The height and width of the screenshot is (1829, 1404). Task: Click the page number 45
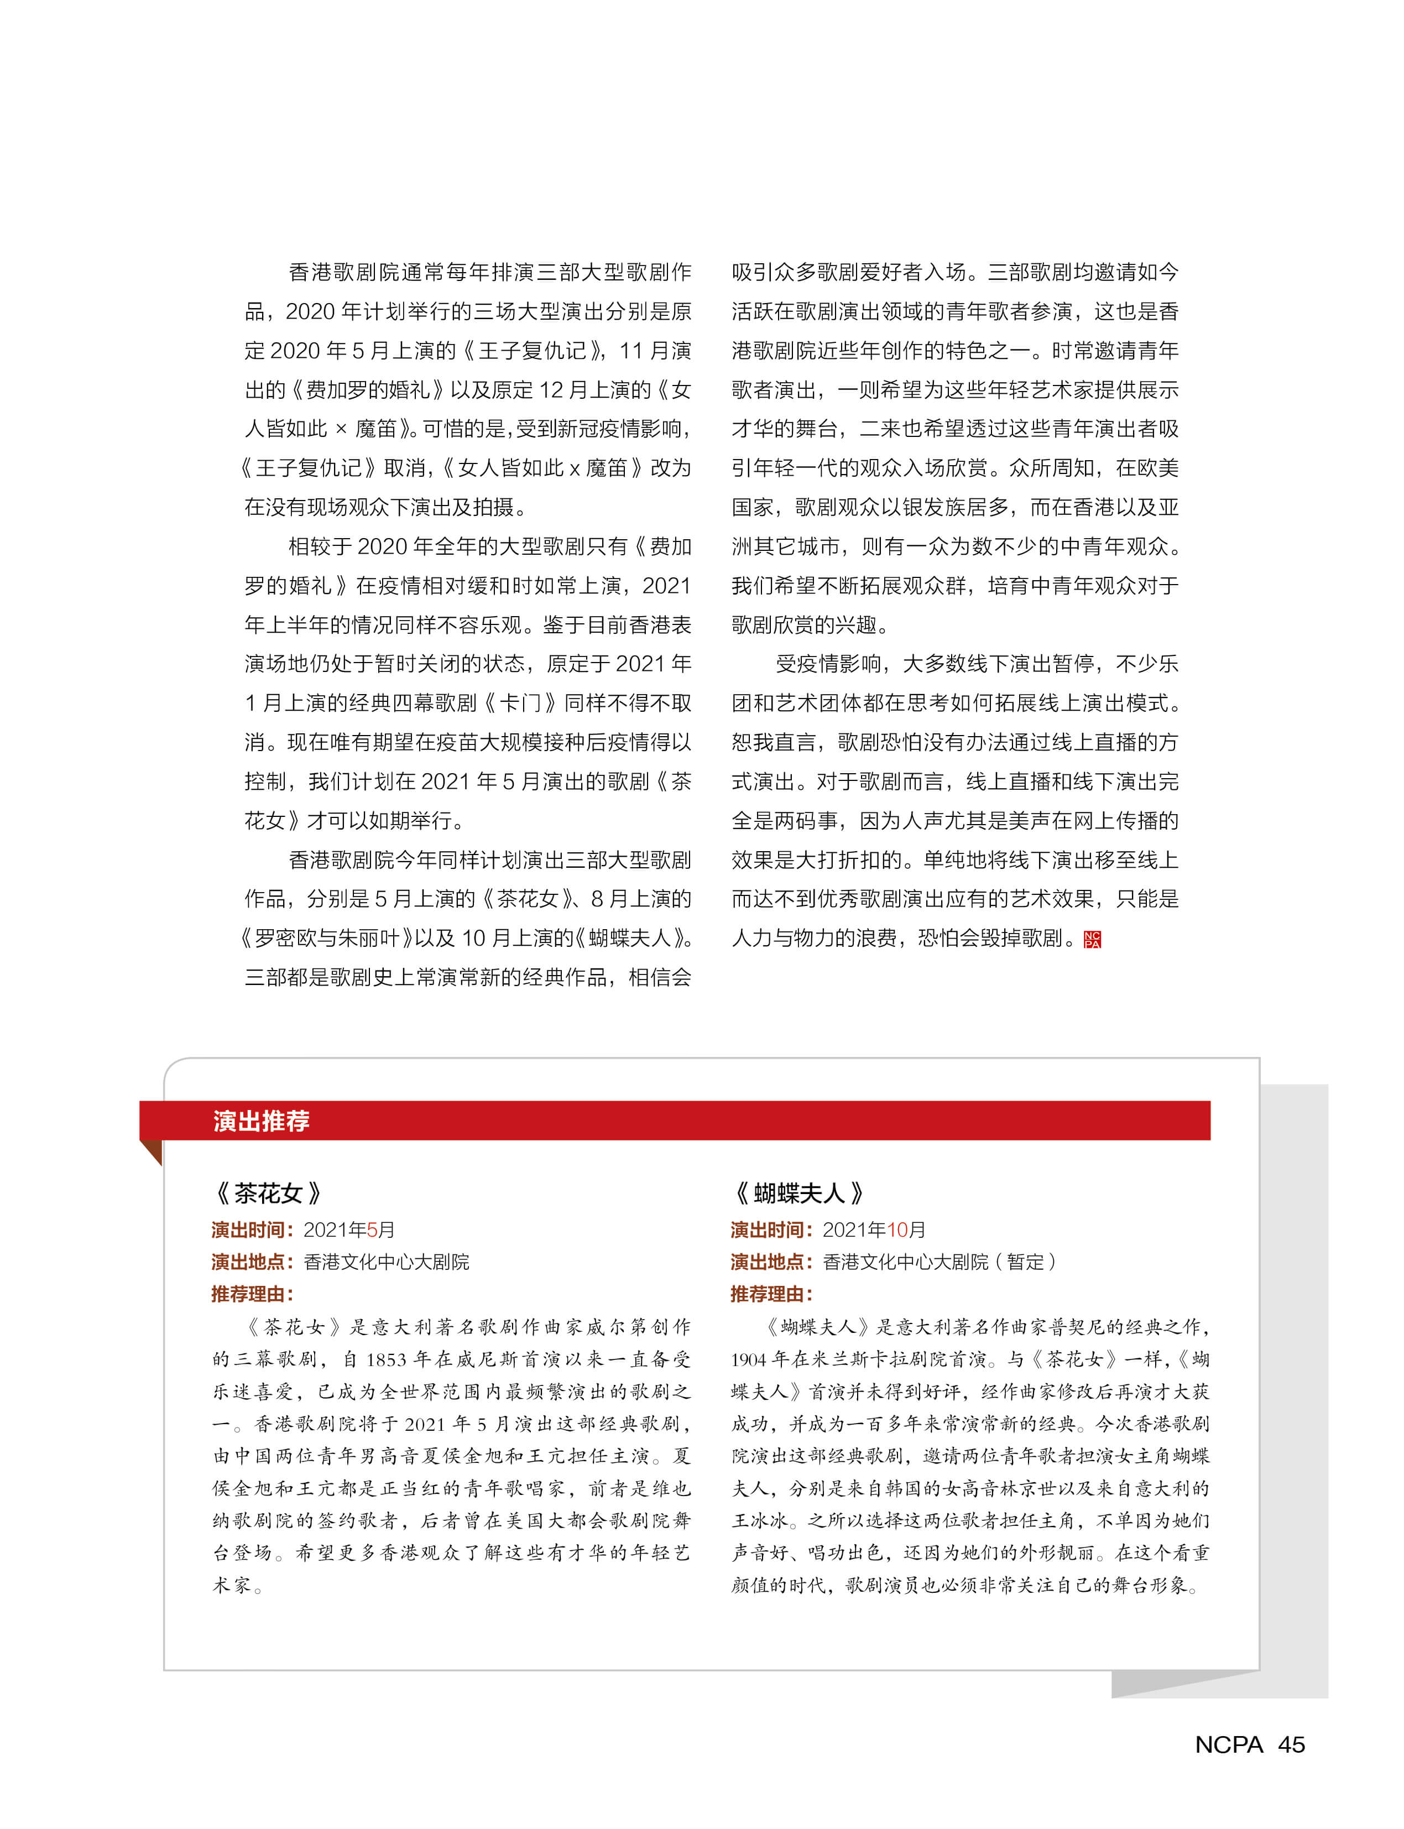point(1291,1744)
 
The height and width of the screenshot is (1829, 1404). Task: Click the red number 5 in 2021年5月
point(372,1229)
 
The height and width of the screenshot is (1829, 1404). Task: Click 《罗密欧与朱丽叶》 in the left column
point(326,938)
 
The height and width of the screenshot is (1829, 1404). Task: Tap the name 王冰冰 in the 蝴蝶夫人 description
point(760,1520)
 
